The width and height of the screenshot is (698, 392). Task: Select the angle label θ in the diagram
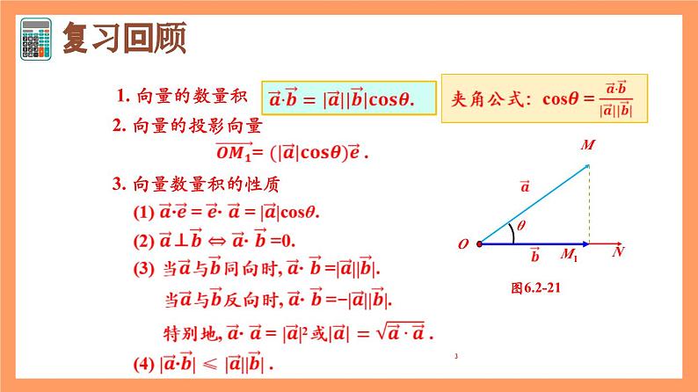click(x=520, y=226)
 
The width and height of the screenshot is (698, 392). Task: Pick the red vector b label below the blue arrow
click(x=534, y=256)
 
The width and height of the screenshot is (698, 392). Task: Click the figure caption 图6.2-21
click(x=535, y=287)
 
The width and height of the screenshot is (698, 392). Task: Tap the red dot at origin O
click(x=479, y=243)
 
